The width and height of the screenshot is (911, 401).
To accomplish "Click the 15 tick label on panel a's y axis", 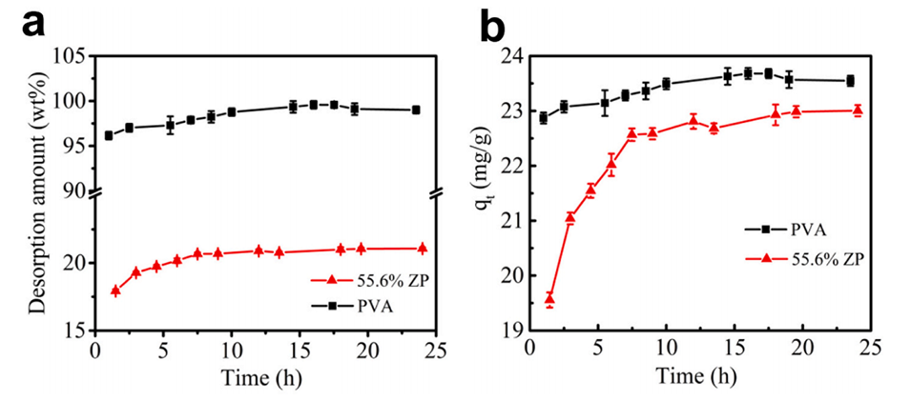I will point(74,331).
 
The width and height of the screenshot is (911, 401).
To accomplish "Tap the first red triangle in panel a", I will point(115,291).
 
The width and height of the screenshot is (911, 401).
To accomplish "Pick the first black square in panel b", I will point(543,118).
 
